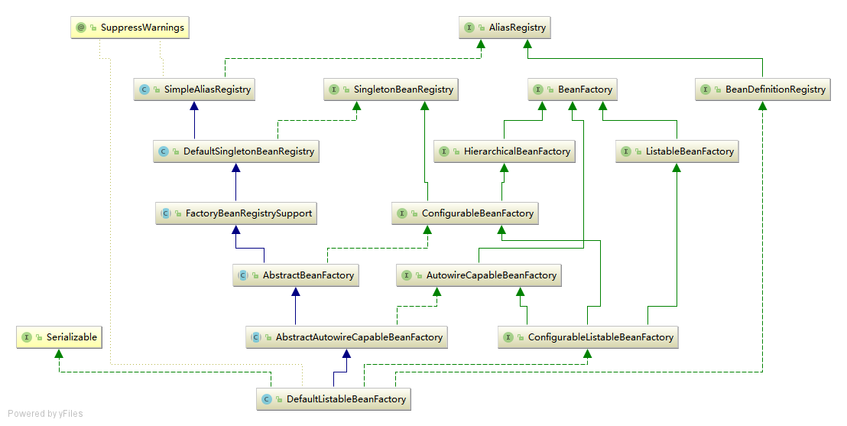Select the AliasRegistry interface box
coord(505,28)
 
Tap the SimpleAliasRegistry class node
coord(195,89)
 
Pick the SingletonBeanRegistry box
coord(393,89)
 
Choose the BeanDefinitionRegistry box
coord(764,89)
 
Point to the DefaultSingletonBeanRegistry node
coord(236,151)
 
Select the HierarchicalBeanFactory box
coord(505,151)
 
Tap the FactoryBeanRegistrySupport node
coord(236,213)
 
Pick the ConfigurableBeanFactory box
coord(466,213)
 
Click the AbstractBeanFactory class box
coord(296,275)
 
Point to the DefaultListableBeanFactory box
coord(334,399)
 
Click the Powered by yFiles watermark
coord(45,414)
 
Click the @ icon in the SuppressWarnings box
coord(81,28)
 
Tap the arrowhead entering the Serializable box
coord(60,353)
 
